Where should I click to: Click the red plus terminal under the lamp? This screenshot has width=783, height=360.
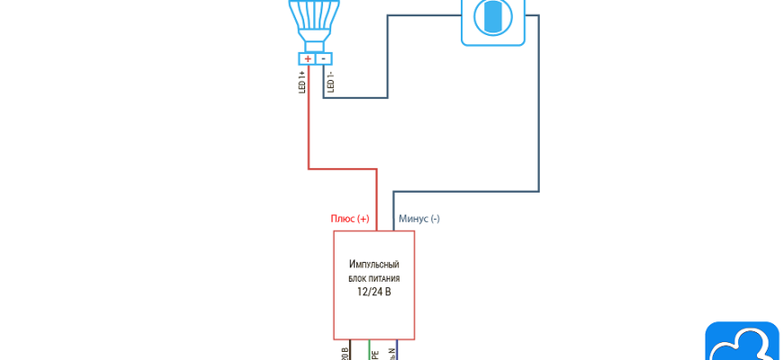[x=308, y=58]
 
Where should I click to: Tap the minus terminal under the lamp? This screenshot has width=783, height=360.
[x=324, y=58]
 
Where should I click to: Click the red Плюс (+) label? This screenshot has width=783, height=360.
[x=350, y=219]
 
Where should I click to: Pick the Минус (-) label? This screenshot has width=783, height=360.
[x=418, y=219]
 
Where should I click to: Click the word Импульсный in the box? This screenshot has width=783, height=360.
[x=373, y=265]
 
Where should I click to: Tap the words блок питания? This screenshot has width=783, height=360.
[x=373, y=279]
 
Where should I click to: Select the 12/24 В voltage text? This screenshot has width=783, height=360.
[x=373, y=292]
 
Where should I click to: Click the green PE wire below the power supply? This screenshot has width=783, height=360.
[x=369, y=350]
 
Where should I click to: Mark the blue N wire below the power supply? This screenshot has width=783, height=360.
[x=398, y=350]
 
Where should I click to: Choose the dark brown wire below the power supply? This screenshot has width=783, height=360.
[x=350, y=350]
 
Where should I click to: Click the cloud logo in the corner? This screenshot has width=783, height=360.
[x=742, y=343]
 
